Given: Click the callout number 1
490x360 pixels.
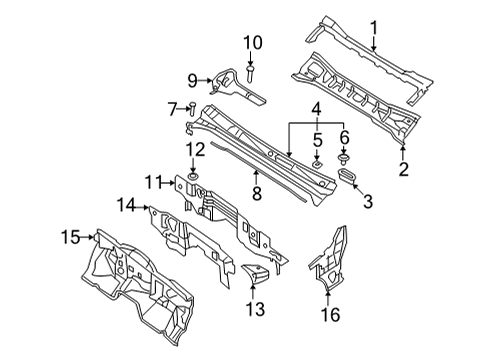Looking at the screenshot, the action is point(374,28).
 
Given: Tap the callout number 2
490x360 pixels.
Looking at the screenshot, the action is point(403,169).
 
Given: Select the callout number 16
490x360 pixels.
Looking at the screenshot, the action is point(331,314).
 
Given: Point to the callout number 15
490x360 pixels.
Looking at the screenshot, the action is point(71,237).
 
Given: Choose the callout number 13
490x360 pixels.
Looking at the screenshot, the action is point(255,309).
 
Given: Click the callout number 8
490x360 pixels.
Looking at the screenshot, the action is point(257,194).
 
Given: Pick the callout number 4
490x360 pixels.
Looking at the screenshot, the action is point(316,109).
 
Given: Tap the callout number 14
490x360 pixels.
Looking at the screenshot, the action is point(126,205).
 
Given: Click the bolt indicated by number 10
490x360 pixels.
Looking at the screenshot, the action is point(250,74).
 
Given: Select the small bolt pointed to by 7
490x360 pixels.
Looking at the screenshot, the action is point(192,109).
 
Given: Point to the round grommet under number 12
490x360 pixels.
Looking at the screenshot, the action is point(193,176).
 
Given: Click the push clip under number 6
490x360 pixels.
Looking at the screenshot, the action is point(342,158).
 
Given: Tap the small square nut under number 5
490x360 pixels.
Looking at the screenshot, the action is point(317,164).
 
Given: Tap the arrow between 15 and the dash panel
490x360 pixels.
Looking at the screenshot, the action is point(87,237).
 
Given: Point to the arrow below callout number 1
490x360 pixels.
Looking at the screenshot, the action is point(374,44).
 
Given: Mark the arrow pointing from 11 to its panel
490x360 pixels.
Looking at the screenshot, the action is point(168,183).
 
